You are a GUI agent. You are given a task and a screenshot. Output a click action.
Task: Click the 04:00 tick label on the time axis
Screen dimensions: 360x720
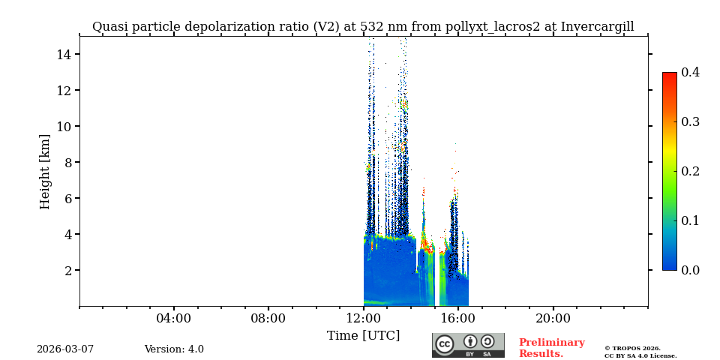pyautogui.click(x=174, y=319)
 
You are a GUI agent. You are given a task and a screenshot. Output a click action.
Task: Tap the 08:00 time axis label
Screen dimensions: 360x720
pyautogui.click(x=268, y=319)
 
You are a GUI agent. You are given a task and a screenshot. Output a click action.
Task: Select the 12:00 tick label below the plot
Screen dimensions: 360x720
pyautogui.click(x=364, y=319)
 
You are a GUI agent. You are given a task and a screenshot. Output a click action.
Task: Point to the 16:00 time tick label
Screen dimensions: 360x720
pyautogui.click(x=458, y=319)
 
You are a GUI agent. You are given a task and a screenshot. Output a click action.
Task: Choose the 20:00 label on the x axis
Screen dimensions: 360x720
pyautogui.click(x=553, y=319)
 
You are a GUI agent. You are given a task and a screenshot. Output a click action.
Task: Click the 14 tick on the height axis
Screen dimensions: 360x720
pyautogui.click(x=63, y=55)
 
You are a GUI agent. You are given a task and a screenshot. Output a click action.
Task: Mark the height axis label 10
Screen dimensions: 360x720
pyautogui.click(x=63, y=127)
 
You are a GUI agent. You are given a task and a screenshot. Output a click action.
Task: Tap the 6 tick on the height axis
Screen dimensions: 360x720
pyautogui.click(x=67, y=199)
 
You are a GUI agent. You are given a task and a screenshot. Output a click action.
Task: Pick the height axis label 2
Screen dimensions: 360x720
pyautogui.click(x=67, y=271)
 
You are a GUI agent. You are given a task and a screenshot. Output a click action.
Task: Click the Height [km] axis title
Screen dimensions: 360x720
pyautogui.click(x=45, y=171)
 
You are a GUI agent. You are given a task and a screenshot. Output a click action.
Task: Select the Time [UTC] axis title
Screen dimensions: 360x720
pyautogui.click(x=364, y=336)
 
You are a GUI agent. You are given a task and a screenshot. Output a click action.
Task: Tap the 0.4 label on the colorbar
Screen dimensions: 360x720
pyautogui.click(x=690, y=73)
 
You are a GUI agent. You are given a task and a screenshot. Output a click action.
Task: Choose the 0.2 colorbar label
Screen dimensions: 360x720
pyautogui.click(x=690, y=172)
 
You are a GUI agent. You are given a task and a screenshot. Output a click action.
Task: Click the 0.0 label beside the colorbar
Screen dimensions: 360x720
pyautogui.click(x=690, y=271)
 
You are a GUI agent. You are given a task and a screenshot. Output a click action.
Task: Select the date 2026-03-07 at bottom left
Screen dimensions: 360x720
pyautogui.click(x=65, y=349)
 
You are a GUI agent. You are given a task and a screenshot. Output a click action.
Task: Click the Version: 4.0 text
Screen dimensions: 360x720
pyautogui.click(x=174, y=349)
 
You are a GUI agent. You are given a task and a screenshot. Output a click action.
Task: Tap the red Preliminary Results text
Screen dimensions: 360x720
pyautogui.click(x=551, y=348)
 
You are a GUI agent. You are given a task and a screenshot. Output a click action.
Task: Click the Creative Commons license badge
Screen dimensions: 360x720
pyautogui.click(x=468, y=345)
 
